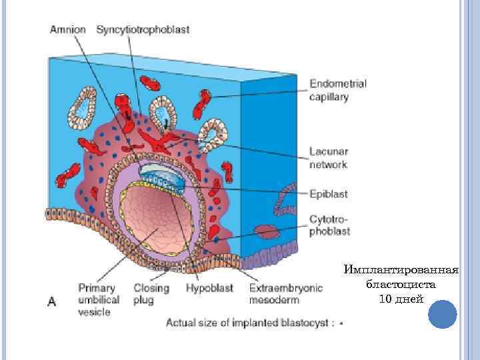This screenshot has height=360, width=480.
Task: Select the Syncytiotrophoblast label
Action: coord(143,30)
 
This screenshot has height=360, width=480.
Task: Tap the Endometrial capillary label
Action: coord(337,91)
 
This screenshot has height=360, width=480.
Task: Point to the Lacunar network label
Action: coord(328,157)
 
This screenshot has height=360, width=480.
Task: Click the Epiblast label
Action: coord(328,194)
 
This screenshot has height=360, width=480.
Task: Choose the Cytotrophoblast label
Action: coord(329,225)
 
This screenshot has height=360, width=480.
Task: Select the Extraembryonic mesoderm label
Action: coord(285,294)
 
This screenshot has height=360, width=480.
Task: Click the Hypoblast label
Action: coord(210,289)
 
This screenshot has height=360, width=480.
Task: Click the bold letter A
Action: coord(51,302)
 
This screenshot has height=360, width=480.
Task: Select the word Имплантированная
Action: coord(401,270)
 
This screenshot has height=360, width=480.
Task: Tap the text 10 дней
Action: coord(401,298)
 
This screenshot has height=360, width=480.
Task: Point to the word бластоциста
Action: coord(401,284)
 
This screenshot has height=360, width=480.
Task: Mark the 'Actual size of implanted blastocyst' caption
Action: coord(249,324)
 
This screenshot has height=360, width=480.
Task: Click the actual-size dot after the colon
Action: coord(341,325)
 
